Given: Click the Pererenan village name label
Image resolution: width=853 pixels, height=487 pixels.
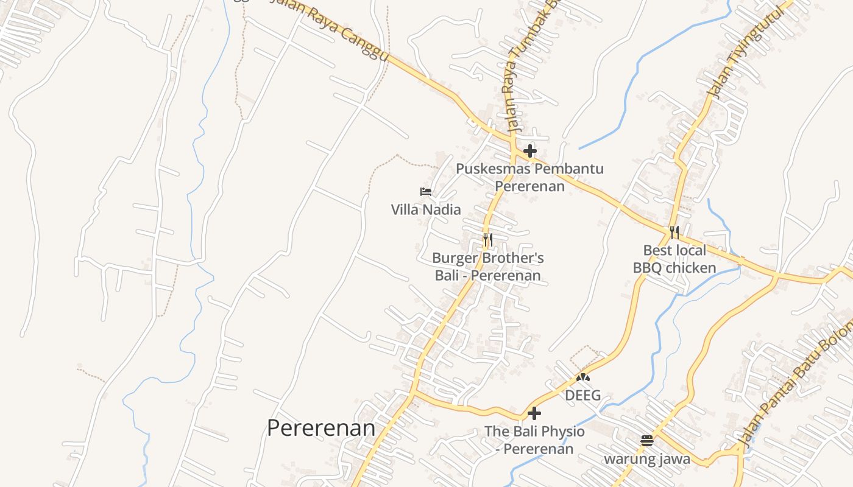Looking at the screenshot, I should point(321,428).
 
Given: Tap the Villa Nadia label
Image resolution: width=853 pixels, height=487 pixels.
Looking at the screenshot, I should point(426,210).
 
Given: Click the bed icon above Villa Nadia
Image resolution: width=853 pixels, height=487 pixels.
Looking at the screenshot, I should point(426,192).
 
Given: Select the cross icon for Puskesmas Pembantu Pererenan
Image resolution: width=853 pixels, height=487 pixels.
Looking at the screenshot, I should point(530,150).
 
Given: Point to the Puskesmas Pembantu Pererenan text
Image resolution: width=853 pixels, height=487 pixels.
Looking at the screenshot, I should point(529,177).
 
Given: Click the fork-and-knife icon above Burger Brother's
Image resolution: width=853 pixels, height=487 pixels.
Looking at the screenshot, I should point(487,239).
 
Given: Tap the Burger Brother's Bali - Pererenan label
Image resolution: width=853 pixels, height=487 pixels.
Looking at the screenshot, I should point(487,267).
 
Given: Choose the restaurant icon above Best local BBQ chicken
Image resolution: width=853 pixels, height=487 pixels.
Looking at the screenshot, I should point(674,232).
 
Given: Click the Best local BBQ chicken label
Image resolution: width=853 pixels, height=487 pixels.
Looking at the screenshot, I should point(674,259).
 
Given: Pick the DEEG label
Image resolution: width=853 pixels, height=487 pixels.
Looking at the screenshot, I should point(583,395).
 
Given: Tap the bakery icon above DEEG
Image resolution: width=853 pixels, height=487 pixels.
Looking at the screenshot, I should point(583,377).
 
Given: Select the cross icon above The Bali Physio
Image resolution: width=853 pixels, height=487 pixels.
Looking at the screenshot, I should point(534,413).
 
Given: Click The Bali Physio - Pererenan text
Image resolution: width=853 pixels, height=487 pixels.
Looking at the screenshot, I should point(534,440).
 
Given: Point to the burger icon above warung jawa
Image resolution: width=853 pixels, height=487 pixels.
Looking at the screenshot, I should point(647,440).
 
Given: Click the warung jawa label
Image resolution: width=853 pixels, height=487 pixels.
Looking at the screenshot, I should point(647,458).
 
